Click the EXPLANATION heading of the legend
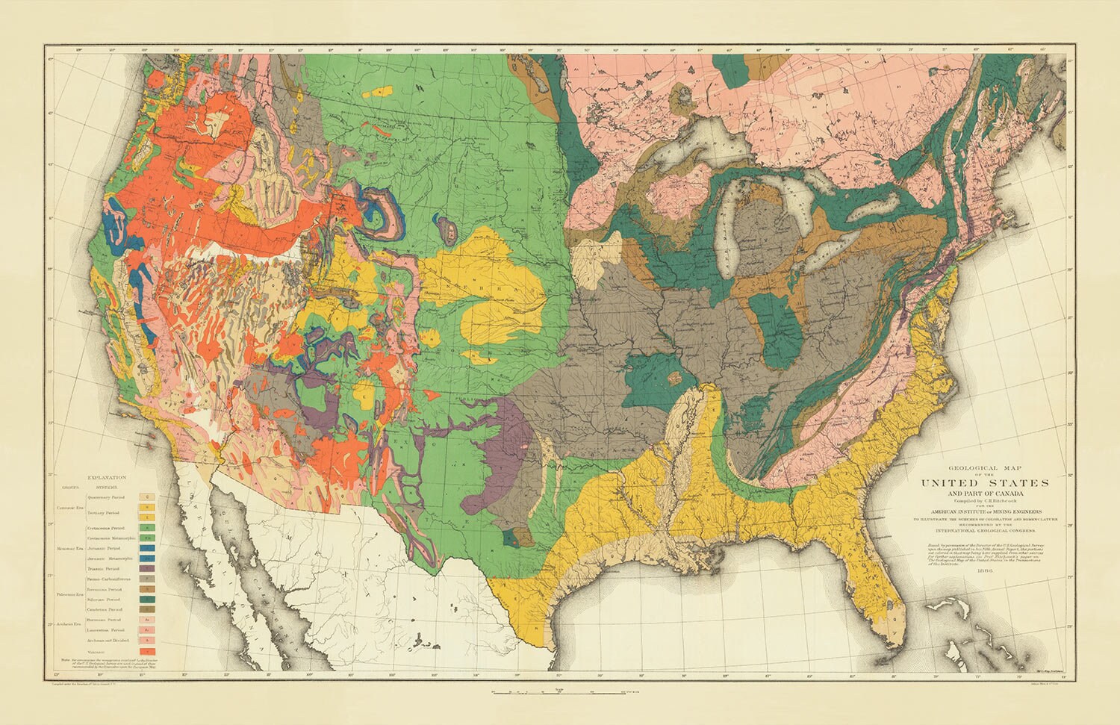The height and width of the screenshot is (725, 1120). [x=107, y=476]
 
